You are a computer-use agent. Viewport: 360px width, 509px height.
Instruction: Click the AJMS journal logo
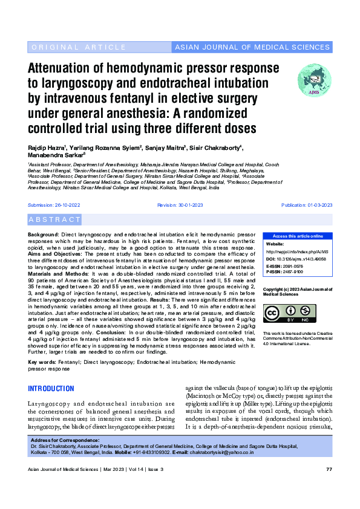tap(315, 80)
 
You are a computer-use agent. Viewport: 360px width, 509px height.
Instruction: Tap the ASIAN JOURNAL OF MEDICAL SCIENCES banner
tap(253, 47)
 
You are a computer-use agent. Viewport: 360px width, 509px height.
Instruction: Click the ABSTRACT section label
tap(54, 219)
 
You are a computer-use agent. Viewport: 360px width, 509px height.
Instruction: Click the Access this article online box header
tap(298, 236)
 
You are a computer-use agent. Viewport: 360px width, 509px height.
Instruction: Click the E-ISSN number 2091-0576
tap(294, 266)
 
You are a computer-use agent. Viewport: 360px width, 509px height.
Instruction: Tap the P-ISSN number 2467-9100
tap(294, 272)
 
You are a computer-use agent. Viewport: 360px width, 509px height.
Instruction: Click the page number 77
tap(329, 469)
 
